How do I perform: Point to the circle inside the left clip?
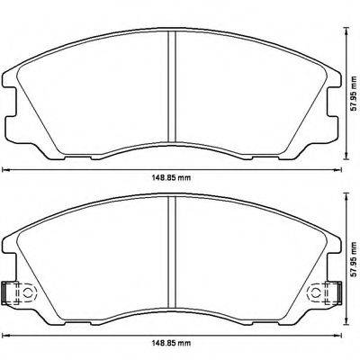(x=24, y=293)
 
